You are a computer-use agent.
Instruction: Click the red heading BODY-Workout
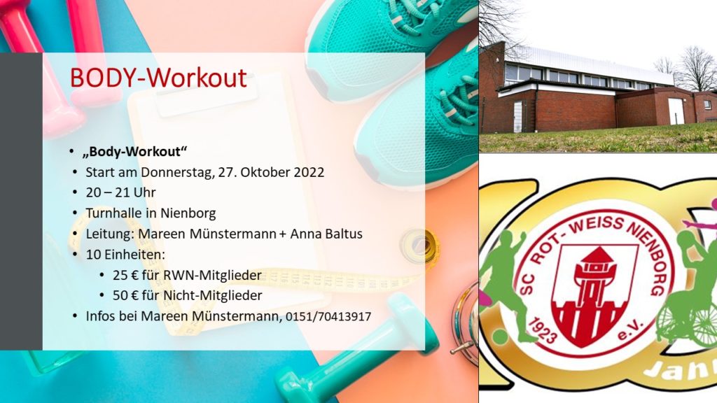click(158, 78)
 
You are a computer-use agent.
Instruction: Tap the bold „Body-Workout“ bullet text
click(135, 152)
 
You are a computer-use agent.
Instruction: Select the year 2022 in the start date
click(309, 172)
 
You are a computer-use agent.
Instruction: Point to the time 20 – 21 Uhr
click(120, 192)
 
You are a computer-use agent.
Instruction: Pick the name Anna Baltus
click(326, 234)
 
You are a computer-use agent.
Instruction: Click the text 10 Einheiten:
click(125, 254)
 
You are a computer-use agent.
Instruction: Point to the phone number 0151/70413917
click(328, 316)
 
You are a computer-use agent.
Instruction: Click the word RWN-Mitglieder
click(213, 275)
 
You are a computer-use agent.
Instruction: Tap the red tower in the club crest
click(597, 288)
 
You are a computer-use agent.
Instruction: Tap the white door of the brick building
click(676, 111)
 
